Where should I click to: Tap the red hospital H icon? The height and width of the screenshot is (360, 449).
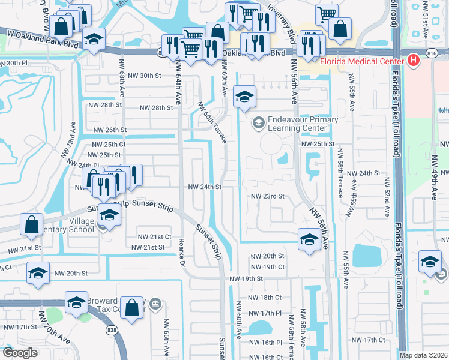[x=412, y=60]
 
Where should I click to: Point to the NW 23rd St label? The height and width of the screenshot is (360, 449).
[x=267, y=196]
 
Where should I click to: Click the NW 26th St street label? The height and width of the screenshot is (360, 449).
[x=110, y=130]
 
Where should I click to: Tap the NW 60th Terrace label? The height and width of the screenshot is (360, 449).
[x=212, y=122]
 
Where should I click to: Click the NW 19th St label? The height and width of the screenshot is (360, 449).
[x=247, y=279]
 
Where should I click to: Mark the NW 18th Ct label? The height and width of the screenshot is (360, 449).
[x=267, y=298]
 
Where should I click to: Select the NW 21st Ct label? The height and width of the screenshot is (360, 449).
[x=154, y=237]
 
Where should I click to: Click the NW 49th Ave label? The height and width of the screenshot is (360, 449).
[x=434, y=185]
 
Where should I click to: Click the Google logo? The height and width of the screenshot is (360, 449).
[x=19, y=353]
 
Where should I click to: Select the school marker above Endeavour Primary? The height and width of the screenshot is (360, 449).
[x=244, y=97]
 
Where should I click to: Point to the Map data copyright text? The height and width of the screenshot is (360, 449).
[x=423, y=355]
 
